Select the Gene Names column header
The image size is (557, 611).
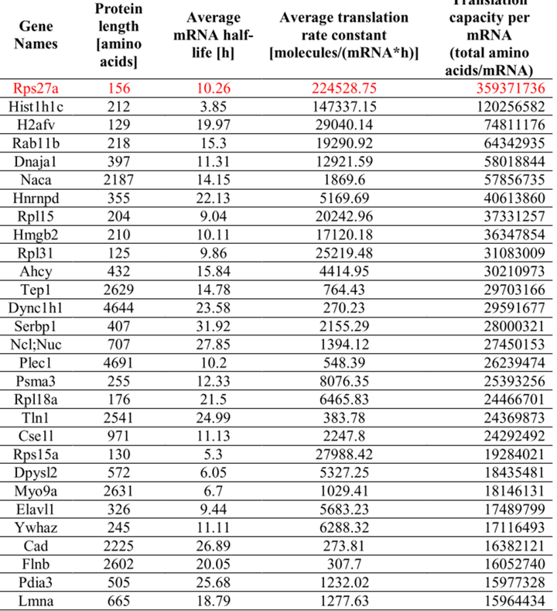[x=36, y=35]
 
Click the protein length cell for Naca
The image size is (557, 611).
[x=118, y=177]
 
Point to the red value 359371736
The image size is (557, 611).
[x=504, y=88]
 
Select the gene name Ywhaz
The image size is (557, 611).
[x=36, y=525]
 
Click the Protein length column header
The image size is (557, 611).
[x=118, y=35]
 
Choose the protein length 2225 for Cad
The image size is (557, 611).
[x=118, y=544]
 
